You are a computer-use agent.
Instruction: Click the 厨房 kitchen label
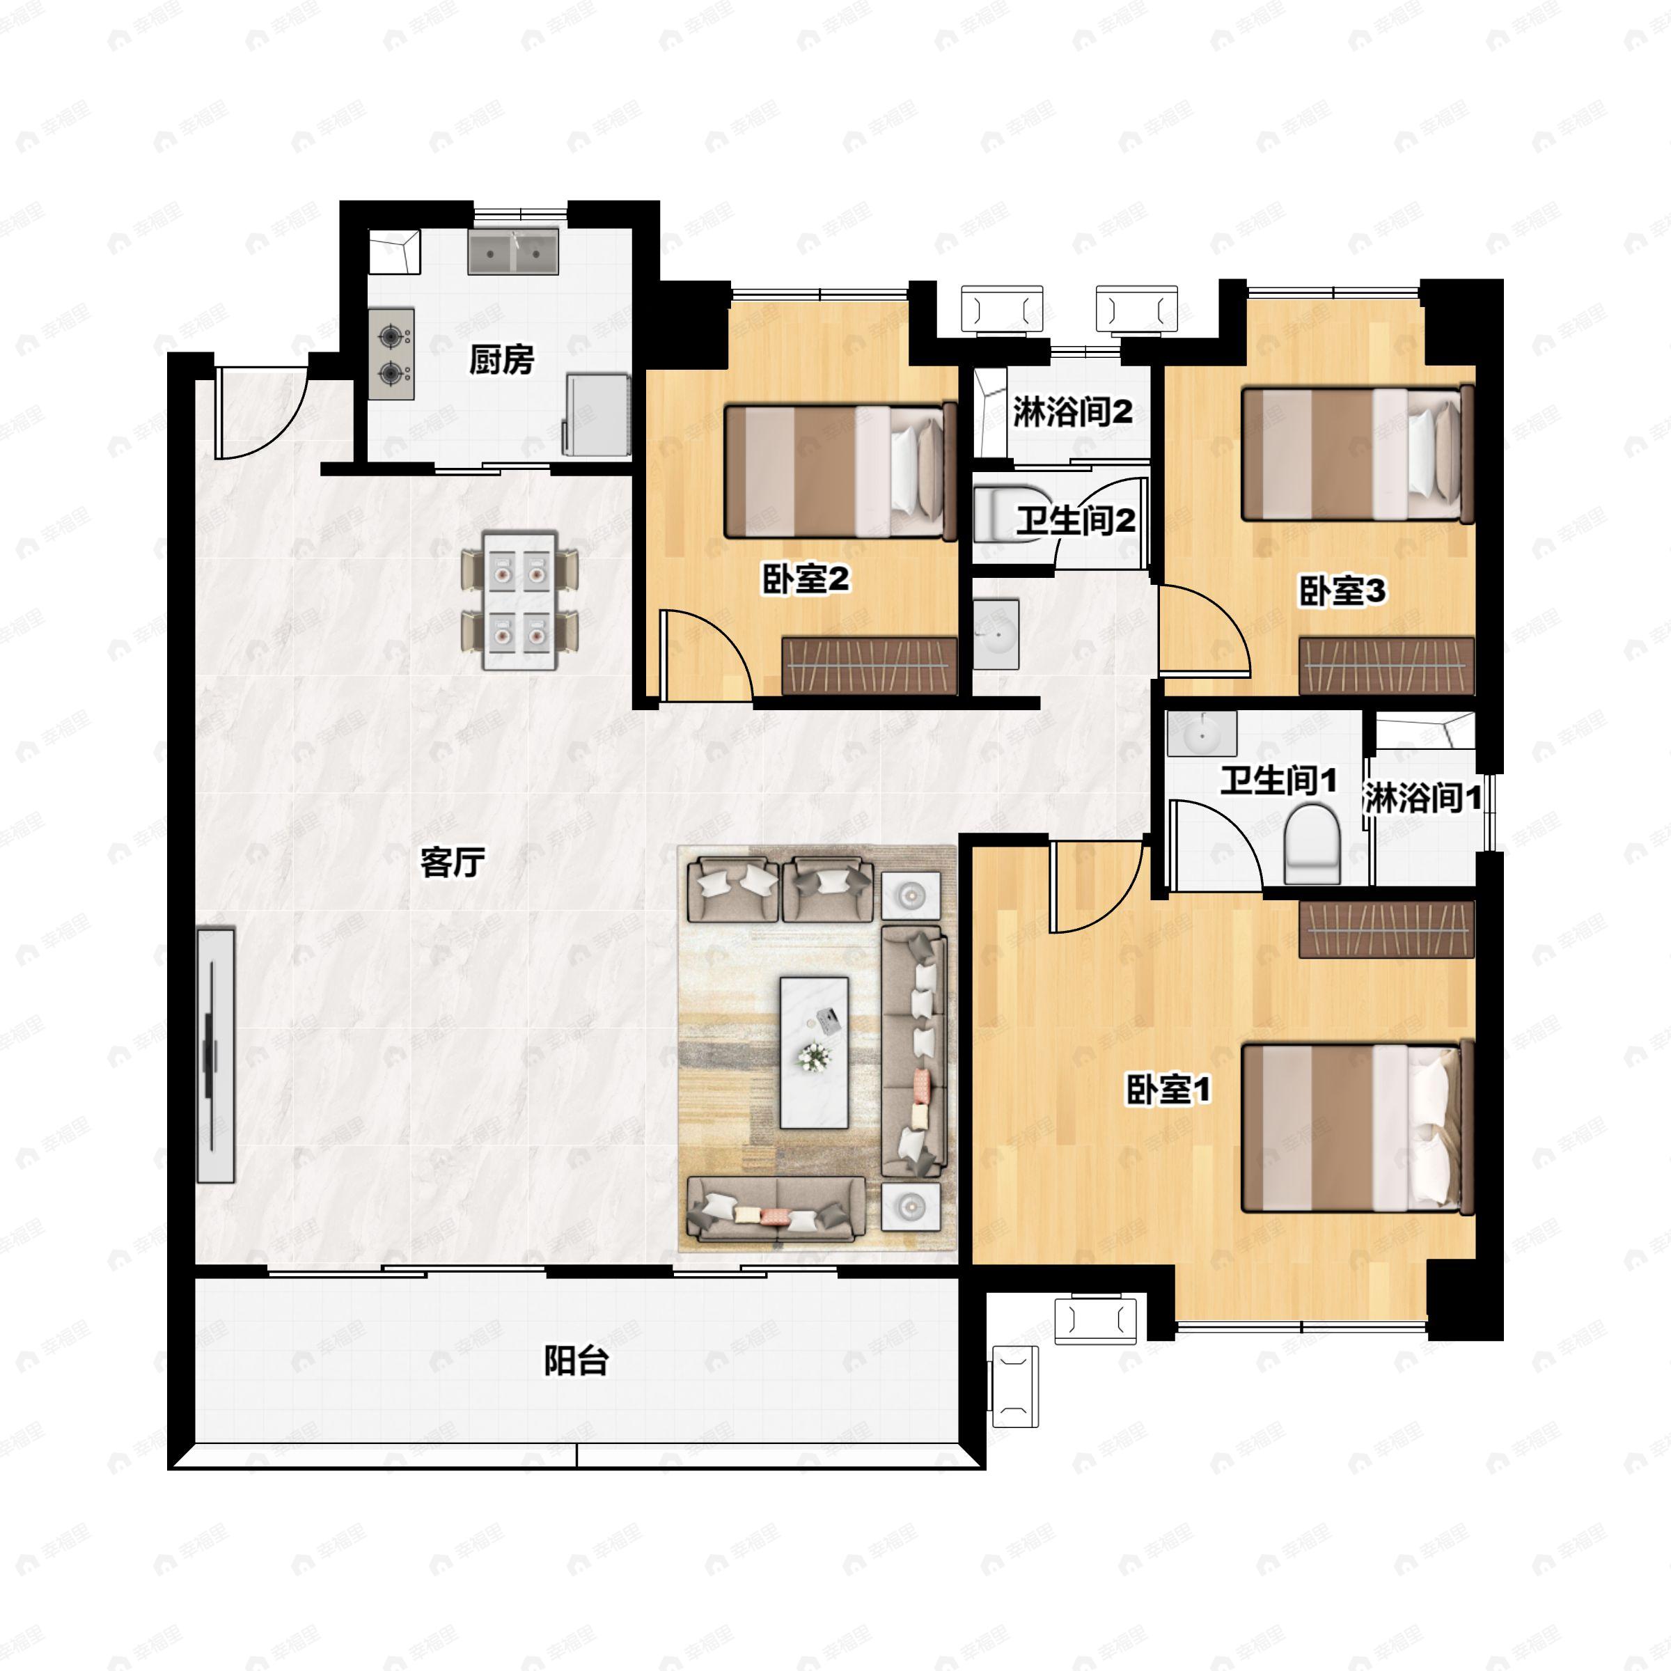click(501, 359)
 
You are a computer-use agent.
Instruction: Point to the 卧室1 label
click(1168, 1090)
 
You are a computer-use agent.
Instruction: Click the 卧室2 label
click(806, 579)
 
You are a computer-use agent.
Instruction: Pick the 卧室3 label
click(1342, 592)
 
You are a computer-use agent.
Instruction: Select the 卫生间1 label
click(1278, 781)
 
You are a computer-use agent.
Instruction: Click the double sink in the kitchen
click(514, 251)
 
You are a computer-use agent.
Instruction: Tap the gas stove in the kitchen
click(391, 354)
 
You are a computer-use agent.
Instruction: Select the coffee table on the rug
click(814, 1053)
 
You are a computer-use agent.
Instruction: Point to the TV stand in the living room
click(215, 1056)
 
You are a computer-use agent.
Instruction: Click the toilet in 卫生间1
click(1311, 844)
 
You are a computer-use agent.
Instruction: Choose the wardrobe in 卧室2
click(869, 666)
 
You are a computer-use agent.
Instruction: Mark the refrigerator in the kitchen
click(597, 414)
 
